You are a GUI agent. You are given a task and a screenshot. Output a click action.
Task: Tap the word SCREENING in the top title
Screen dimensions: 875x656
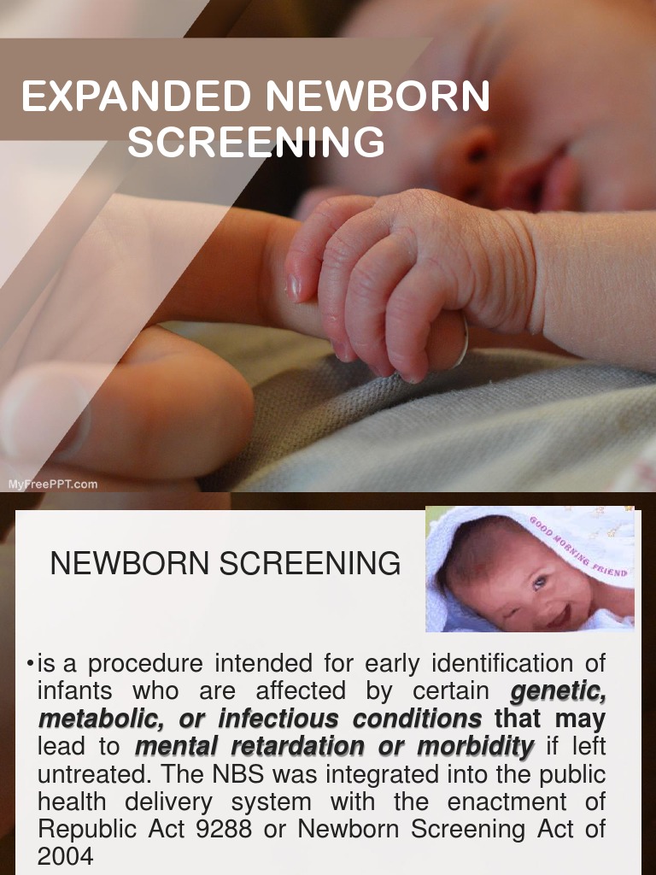tap(256, 143)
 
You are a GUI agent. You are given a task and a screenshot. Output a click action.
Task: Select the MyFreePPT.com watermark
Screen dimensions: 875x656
tap(53, 484)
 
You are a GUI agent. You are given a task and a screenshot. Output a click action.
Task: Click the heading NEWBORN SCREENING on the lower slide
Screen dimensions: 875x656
tap(225, 564)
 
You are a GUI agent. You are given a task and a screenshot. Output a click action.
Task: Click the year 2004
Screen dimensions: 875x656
tap(65, 856)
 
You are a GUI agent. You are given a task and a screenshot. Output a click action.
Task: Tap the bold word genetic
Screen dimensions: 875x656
tap(558, 690)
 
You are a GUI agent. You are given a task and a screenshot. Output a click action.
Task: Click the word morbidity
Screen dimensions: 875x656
tap(475, 746)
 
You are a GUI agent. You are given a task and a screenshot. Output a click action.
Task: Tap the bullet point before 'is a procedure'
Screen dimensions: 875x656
tap(30, 664)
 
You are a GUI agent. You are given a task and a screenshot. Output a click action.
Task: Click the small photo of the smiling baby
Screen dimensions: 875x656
tap(530, 569)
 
